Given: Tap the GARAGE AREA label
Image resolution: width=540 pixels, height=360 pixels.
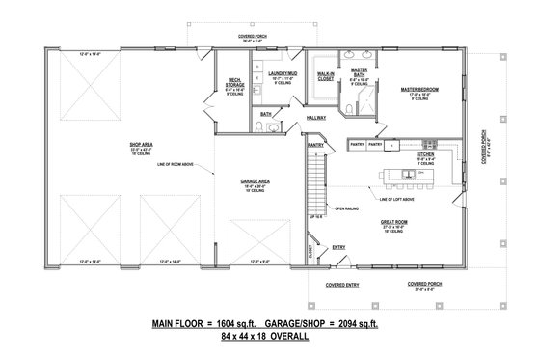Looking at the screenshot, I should [256, 180].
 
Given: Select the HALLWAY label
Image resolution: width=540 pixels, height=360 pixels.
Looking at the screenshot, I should [318, 119].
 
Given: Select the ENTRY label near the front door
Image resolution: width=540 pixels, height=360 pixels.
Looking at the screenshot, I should [338, 247].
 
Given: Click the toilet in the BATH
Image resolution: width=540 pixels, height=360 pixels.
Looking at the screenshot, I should [274, 125].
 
